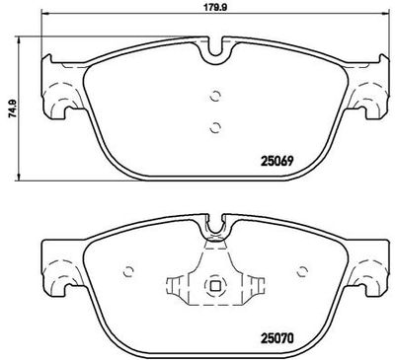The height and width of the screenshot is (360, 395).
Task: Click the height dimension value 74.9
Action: coord(12,108)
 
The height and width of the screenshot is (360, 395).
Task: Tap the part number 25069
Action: coord(276,161)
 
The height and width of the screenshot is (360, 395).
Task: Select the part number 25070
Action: coord(277,338)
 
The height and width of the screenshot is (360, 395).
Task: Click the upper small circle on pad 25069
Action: coord(215,96)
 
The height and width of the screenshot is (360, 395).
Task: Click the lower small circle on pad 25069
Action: coord(215,127)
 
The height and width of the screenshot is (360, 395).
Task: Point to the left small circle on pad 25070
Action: coord(128,271)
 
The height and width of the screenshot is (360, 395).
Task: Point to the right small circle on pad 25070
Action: coord(301,271)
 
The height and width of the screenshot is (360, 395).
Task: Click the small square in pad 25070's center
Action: coord(215,286)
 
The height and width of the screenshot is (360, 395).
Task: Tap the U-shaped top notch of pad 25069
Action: coord(215,52)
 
